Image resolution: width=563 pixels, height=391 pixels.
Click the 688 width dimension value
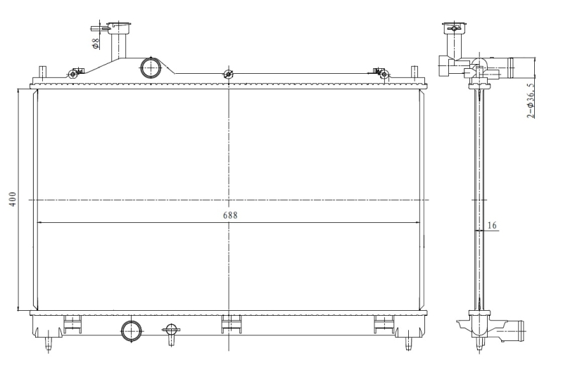tap(230, 215)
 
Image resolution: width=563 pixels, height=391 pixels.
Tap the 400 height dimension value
tap(13, 199)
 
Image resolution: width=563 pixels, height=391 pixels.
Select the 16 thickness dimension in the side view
tap(492, 225)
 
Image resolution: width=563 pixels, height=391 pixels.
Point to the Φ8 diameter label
tap(96, 44)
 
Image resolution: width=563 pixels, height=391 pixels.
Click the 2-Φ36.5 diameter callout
tap(531, 101)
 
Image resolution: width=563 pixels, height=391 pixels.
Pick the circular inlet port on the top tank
tap(151, 68)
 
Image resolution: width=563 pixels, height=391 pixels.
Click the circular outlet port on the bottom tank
tap(132, 331)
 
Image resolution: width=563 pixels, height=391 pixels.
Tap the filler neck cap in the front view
tap(120, 27)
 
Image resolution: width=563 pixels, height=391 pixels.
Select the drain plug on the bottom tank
tap(171, 333)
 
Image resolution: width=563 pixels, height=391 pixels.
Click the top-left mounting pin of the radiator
tap(43, 72)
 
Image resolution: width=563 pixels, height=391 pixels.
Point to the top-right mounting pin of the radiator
tap(414, 72)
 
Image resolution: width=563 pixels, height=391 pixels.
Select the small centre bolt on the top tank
tap(227, 75)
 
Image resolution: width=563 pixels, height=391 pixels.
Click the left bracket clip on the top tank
tap(74, 73)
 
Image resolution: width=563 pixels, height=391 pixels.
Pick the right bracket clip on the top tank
tap(381, 73)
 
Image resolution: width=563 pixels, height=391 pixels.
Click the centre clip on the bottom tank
tap(229, 324)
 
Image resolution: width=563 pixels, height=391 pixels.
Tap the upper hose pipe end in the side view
tap(521, 67)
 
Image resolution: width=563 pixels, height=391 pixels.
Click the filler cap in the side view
tap(454, 27)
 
